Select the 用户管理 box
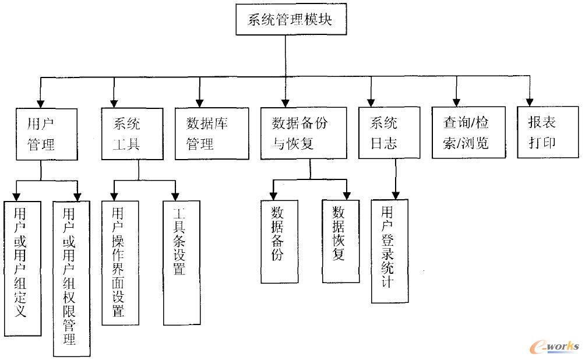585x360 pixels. click(x=47, y=133)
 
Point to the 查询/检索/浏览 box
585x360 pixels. click(x=468, y=133)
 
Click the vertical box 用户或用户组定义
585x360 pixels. click(x=22, y=269)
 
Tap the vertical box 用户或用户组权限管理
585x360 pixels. click(x=71, y=278)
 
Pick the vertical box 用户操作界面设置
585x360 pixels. click(x=120, y=262)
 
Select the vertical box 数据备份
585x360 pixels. click(x=279, y=241)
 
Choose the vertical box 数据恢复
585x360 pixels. click(x=340, y=241)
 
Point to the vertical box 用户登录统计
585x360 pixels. click(x=389, y=250)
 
